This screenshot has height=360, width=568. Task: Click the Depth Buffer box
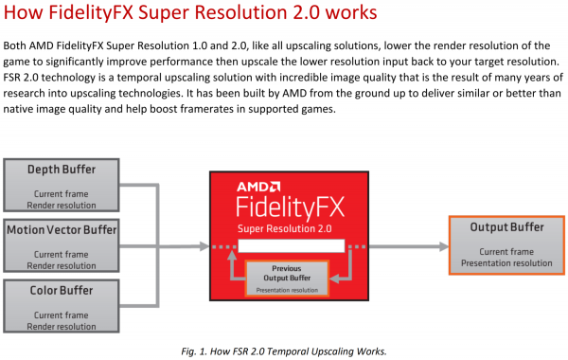pos(62,186)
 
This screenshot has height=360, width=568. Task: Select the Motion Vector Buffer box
pos(62,245)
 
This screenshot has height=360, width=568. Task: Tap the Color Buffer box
pos(62,306)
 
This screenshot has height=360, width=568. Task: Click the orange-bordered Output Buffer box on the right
pos(506,245)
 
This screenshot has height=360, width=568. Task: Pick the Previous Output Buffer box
pos(287,279)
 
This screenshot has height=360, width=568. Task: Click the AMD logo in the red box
pos(258,187)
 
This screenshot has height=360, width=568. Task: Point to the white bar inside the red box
pos(292,245)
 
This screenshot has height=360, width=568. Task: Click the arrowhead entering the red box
pos(204,246)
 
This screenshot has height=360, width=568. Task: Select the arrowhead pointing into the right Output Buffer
pos(444,246)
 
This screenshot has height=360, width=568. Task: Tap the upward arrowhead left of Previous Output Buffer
pos(232,255)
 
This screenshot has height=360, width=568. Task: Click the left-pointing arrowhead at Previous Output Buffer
pos(334,279)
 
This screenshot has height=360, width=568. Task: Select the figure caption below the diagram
pos(284,351)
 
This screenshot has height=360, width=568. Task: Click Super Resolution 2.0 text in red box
pos(285,228)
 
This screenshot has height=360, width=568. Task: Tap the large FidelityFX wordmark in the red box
pos(291,207)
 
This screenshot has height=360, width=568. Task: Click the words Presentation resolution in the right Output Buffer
pos(506,263)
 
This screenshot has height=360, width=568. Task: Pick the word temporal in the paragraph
pos(136,78)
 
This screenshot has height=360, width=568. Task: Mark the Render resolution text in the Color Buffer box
pos(62,326)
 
